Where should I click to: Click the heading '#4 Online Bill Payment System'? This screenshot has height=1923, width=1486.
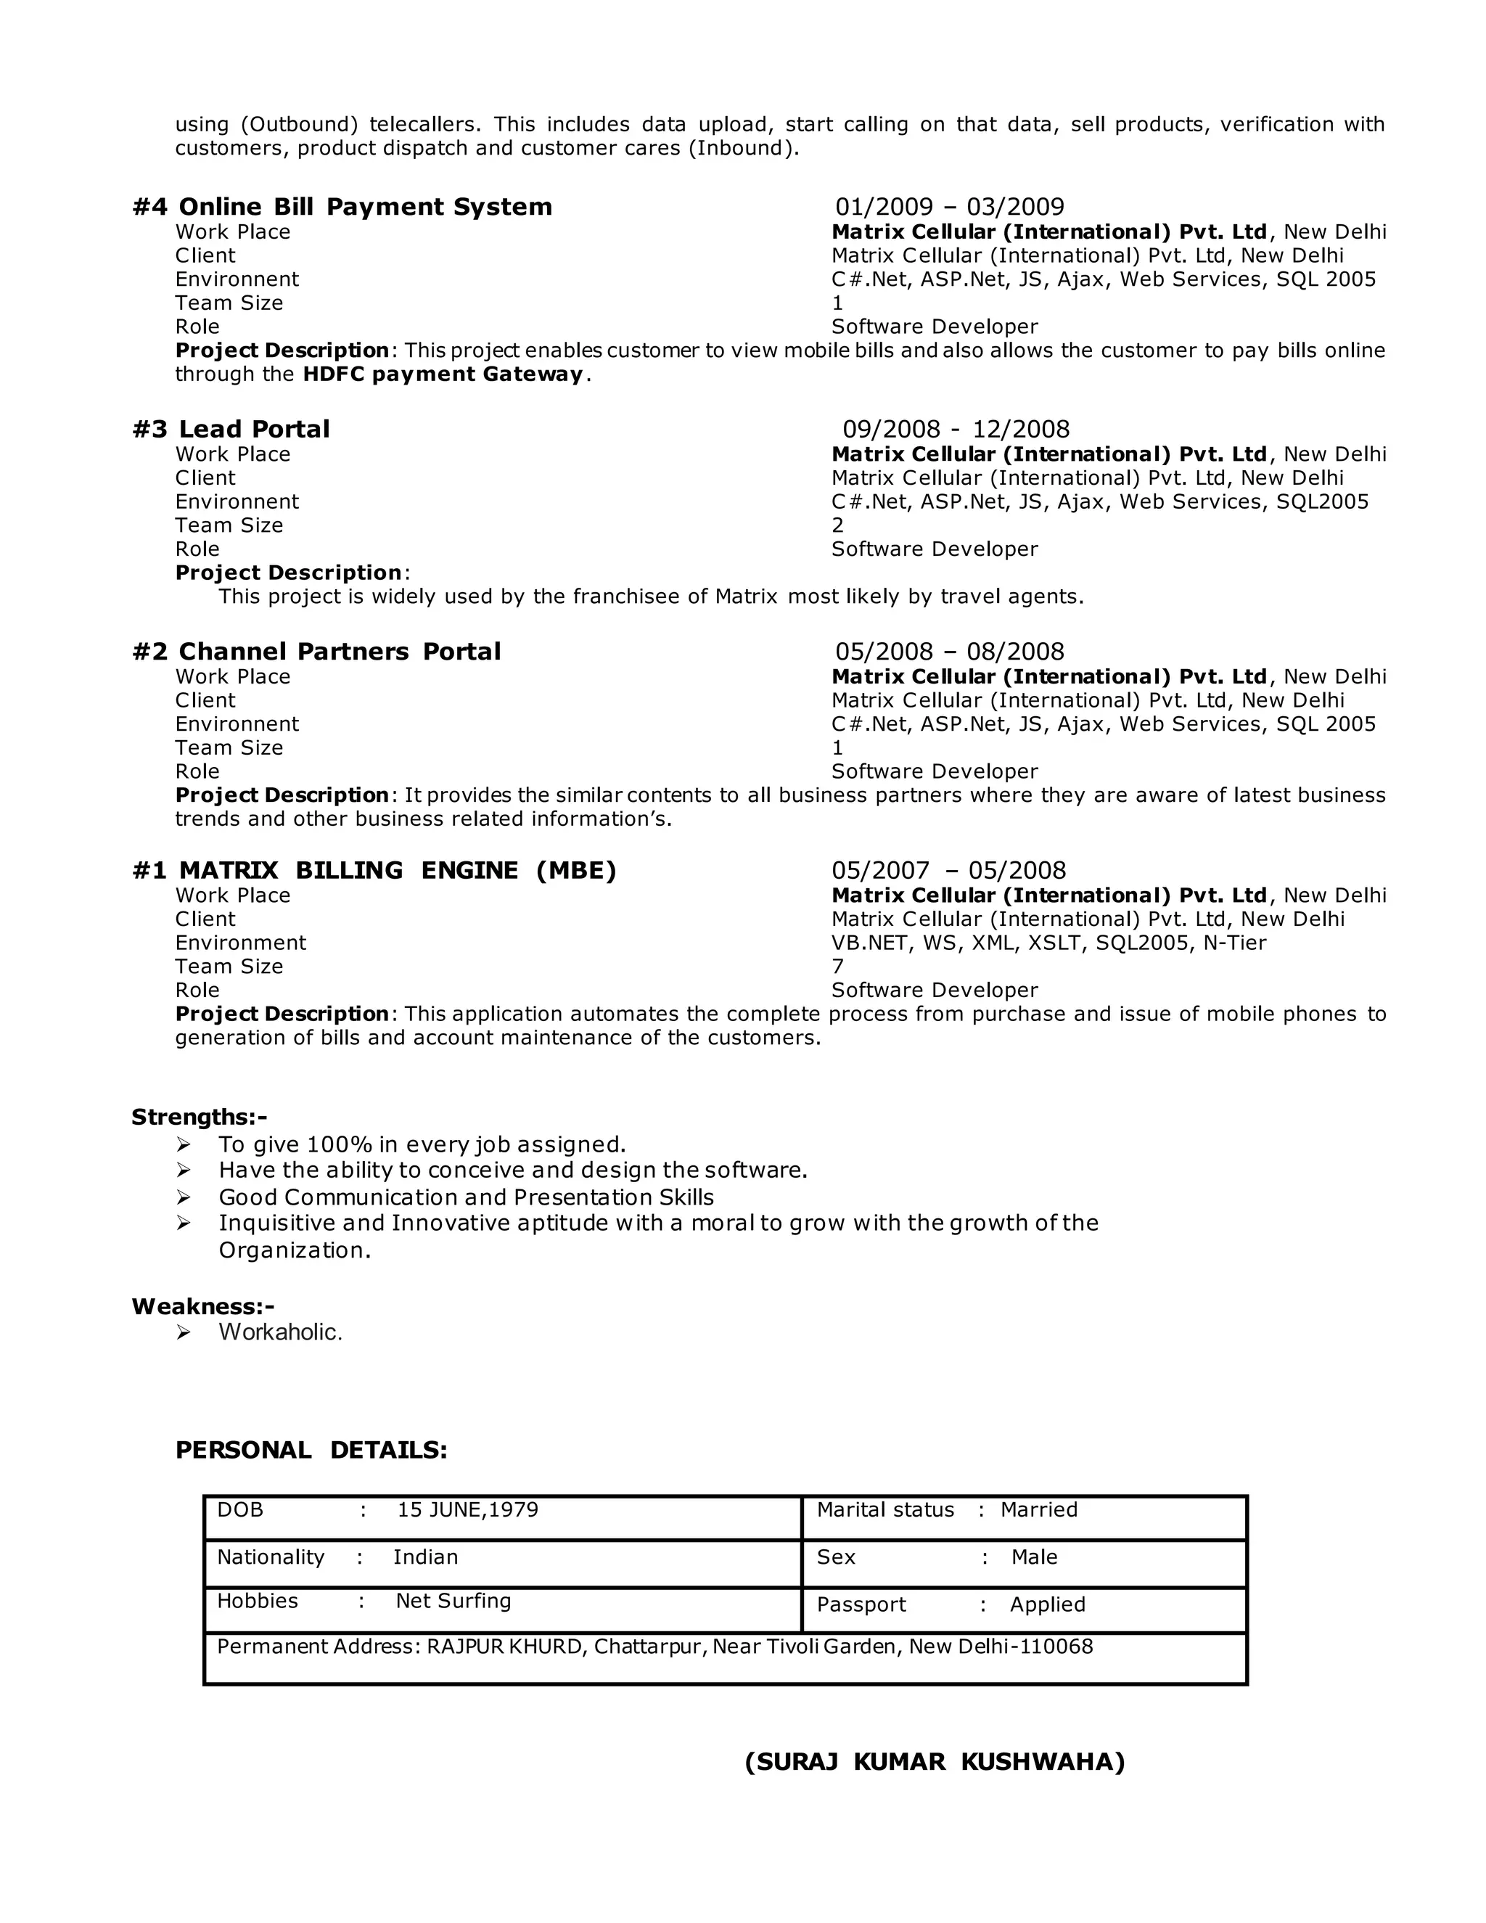[x=342, y=207]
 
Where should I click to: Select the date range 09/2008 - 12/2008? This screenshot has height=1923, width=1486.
[x=956, y=430]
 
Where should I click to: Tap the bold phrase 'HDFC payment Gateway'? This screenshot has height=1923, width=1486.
[x=443, y=374]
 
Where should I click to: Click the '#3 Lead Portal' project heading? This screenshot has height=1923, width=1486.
[x=231, y=430]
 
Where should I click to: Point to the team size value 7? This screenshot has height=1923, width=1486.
[x=837, y=967]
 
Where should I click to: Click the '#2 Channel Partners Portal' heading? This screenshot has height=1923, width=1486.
[x=316, y=652]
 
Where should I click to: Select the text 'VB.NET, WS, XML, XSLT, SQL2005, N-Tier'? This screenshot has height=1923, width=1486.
[x=1048, y=943]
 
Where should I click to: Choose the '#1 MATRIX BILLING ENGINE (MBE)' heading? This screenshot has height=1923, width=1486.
[x=374, y=871]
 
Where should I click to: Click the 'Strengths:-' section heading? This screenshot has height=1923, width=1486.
[x=199, y=1118]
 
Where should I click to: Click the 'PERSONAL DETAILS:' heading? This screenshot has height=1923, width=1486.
[x=311, y=1450]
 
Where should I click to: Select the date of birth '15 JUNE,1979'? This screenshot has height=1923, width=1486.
[x=467, y=1510]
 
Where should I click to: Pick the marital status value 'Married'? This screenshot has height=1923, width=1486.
[x=1039, y=1510]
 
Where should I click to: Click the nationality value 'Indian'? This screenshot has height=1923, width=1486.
[x=425, y=1557]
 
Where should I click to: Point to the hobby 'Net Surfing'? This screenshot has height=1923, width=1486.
[x=453, y=1601]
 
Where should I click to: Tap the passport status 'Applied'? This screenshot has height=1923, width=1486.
[x=1048, y=1605]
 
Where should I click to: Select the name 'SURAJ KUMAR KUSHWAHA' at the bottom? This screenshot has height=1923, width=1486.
[x=935, y=1762]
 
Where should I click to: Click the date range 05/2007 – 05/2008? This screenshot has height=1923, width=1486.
[x=948, y=871]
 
